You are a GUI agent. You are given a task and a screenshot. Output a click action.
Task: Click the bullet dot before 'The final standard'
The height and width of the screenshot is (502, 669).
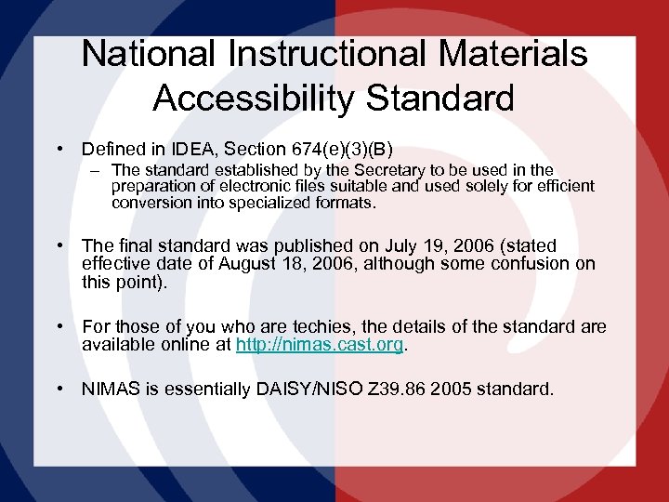point(59,246)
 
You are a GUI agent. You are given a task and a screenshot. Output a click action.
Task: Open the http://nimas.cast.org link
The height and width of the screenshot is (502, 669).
point(320,345)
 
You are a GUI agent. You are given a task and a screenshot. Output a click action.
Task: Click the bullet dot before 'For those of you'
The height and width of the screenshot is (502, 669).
point(59,327)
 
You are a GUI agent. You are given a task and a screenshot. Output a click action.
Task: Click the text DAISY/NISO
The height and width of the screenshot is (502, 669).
point(303,390)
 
